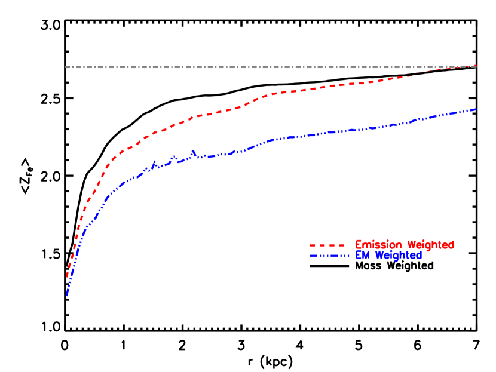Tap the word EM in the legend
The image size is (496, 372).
pos(362,256)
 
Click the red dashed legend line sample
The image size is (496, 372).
pos(327,245)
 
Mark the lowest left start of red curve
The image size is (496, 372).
pos(67,277)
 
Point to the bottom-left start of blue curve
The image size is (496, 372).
pos(67,295)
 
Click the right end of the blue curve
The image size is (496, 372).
pos(476,109)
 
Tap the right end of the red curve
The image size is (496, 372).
pos(476,66)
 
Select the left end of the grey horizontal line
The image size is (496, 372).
pos(66,67)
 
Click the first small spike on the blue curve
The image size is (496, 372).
pos(154,162)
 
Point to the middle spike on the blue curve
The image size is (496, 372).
pos(174,158)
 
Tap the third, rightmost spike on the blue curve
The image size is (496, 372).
pos(193,152)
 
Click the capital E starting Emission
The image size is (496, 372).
pos(359,245)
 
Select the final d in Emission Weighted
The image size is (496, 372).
pos(451,245)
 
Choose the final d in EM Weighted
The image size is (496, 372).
pos(419,256)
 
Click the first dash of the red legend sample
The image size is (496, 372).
pos(313,245)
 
